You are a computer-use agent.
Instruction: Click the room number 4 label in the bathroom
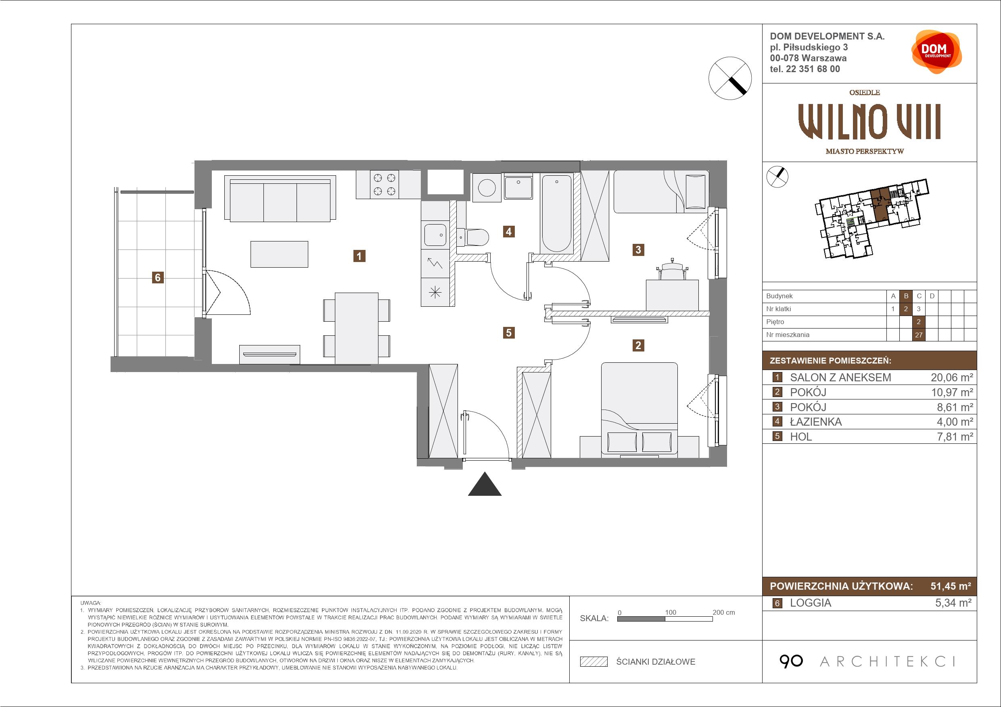coord(508,231)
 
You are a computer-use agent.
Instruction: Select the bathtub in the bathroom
coord(556,214)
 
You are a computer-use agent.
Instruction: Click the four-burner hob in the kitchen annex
coord(385,184)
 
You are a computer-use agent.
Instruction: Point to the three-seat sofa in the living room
coord(280,199)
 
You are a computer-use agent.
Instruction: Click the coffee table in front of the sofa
coord(279,254)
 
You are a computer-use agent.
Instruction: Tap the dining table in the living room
coord(357,328)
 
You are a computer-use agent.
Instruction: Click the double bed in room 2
coord(639,410)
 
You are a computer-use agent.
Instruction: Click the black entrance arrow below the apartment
coord(485,484)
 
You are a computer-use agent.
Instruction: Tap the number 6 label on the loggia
coord(158,277)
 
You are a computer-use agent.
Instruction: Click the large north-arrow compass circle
coord(730,79)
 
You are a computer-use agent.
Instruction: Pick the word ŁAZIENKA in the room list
coord(816,422)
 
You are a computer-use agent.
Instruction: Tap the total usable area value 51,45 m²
coord(951,586)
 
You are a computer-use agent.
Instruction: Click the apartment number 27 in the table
coord(919,335)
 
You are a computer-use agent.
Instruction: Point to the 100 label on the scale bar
coord(671,612)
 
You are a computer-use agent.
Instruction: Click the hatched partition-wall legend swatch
coord(594,662)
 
